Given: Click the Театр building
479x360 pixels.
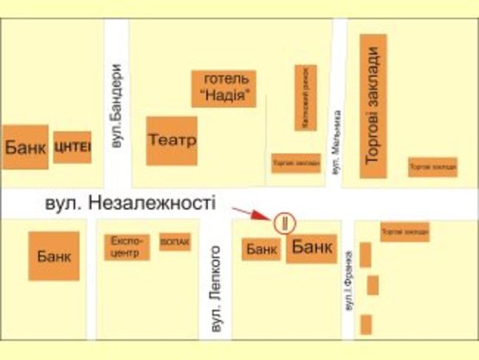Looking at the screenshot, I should point(172,140).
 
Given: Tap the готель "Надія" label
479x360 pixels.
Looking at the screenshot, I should point(224,88).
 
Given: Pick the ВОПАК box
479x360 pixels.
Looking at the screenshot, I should point(174,243).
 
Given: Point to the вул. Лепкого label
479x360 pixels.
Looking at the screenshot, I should point(217,290).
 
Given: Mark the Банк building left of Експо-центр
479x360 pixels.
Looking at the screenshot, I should point(54,256).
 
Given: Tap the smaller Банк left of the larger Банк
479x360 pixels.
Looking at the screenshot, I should point(261,249).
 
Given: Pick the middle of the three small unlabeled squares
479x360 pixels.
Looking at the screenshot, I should point(372,285).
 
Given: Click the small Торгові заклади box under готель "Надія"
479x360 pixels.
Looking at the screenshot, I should point(295,162).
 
